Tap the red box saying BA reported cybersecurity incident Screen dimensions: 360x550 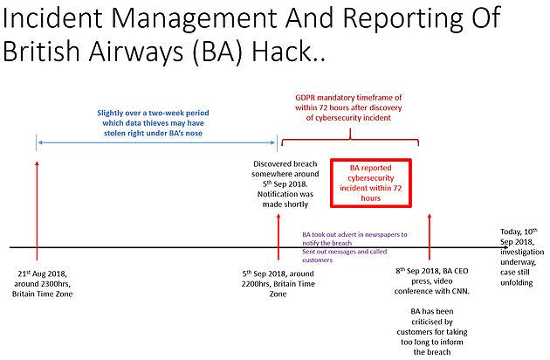[x=370, y=182]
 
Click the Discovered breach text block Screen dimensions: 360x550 [x=285, y=184]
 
